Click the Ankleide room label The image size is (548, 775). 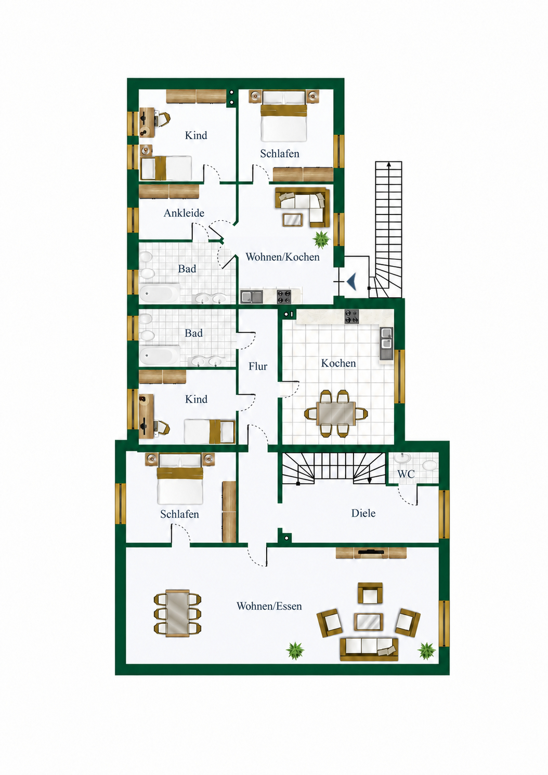point(184,213)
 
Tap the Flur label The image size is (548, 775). point(258,366)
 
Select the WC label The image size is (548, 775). point(406,474)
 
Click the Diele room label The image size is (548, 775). point(363,513)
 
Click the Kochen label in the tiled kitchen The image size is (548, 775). point(338,363)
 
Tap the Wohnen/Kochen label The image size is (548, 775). point(282,257)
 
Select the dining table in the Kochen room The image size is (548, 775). point(336,413)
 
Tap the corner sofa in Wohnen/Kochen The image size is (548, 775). point(301,206)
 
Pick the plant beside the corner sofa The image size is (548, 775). point(321,239)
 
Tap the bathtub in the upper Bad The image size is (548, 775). point(159,293)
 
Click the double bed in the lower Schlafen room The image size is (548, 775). point(180,479)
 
